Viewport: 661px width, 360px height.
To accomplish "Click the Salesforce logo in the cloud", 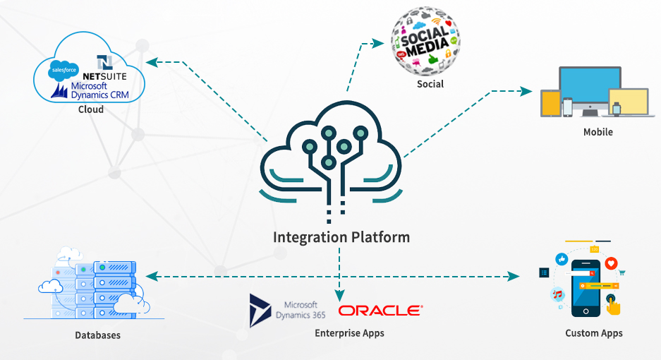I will tap(63, 71).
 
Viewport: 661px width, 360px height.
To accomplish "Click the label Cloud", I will tap(91, 109).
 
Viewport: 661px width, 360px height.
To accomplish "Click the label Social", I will tap(430, 84).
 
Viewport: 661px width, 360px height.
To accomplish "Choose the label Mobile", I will tap(598, 132).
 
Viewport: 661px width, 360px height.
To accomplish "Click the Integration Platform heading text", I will tap(341, 236).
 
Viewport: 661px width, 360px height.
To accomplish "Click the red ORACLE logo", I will tap(381, 310).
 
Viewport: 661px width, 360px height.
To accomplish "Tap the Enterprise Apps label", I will tap(349, 332).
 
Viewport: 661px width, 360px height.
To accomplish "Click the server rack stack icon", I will tap(104, 289).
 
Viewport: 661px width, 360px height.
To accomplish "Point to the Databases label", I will tap(98, 335).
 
